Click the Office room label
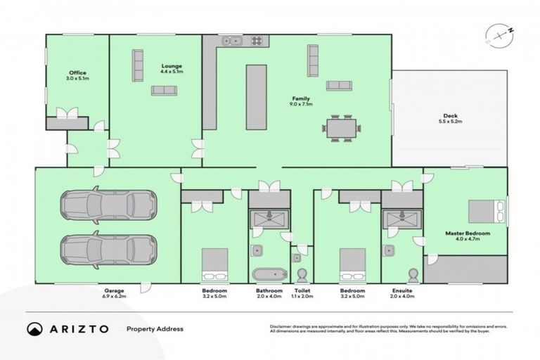77,72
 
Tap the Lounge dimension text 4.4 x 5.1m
172,72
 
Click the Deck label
450,116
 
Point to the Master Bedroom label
468,233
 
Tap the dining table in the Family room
342,129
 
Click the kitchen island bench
256,97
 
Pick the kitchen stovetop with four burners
257,41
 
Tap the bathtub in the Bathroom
269,274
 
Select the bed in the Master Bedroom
484,209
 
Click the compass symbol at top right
496,35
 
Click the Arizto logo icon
33,328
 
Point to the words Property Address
154,328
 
